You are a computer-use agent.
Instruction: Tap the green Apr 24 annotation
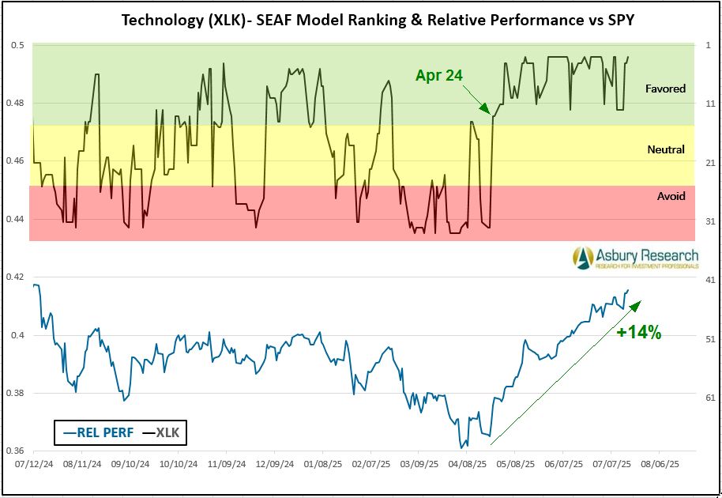click(x=438, y=76)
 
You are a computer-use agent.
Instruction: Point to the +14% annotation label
click(x=638, y=333)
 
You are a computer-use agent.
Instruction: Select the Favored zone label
click(x=665, y=89)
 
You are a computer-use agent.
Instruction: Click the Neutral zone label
click(x=666, y=149)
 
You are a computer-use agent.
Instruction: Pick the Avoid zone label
click(x=671, y=196)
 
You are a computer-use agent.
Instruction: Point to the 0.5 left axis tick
click(x=19, y=46)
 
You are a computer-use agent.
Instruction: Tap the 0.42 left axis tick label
click(x=17, y=277)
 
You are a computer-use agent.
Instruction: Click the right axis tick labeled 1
click(x=708, y=46)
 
